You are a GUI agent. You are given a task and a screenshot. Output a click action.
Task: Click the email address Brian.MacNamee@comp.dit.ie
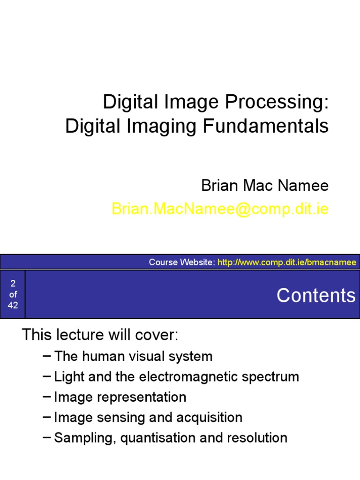pos(220,209)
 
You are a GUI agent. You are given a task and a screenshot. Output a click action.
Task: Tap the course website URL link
pos(287,262)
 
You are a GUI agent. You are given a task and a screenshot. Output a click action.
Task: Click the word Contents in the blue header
pos(316,295)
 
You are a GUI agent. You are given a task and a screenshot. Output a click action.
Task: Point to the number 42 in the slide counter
pos(13,305)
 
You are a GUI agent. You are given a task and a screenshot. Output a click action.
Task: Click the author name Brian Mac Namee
pos(265,186)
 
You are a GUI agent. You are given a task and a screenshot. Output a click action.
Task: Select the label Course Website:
pos(182,262)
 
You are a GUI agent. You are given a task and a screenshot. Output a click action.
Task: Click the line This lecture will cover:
pos(100,335)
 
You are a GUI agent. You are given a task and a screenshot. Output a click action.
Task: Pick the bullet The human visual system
pos(133,356)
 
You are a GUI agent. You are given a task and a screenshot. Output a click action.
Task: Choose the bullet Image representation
pos(120,397)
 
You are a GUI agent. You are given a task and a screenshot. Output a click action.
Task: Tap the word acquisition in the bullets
pos(210,417)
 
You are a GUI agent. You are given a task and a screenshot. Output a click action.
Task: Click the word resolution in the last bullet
pos(257,438)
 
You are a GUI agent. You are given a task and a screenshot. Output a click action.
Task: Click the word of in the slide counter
pos(13,294)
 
